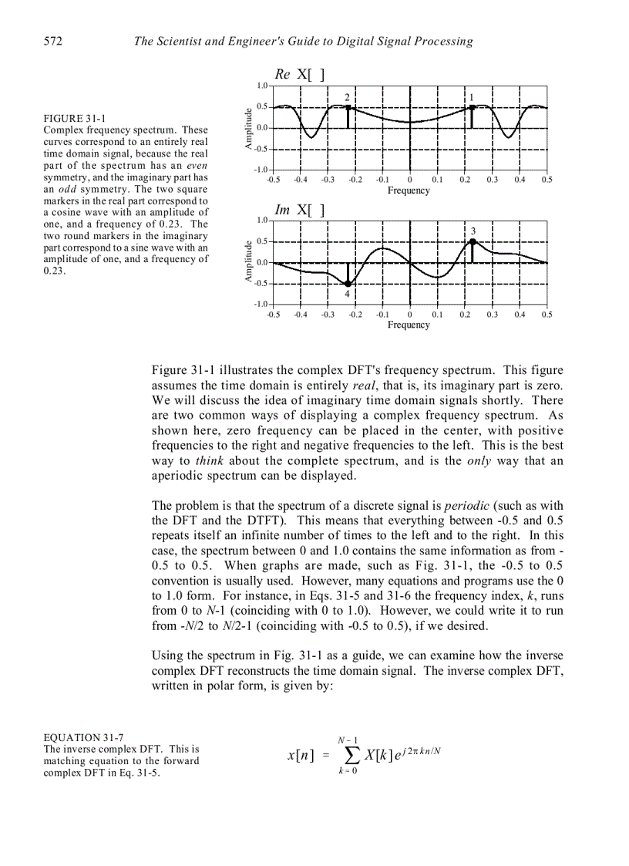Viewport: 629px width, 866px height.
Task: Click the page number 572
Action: [52, 41]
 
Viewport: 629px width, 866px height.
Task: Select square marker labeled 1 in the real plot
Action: [472, 107]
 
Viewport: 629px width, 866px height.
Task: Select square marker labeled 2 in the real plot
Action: [348, 107]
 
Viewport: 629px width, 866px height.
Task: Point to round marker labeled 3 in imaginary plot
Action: [472, 241]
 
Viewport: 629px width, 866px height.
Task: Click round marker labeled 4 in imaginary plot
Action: [348, 284]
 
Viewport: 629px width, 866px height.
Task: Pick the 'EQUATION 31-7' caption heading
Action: [83, 737]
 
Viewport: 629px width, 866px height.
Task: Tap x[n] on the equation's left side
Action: [300, 756]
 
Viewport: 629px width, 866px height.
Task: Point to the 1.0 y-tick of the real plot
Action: [261, 86]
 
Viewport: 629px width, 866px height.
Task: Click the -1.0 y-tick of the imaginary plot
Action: [261, 305]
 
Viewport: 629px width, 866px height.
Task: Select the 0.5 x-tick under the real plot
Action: [547, 180]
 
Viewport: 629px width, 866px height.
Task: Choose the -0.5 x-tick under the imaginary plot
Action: [273, 315]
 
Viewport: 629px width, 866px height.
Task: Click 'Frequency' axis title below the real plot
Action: [409, 190]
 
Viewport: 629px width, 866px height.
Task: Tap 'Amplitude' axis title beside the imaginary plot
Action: [249, 262]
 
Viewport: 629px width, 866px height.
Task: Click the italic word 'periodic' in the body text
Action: [467, 505]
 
